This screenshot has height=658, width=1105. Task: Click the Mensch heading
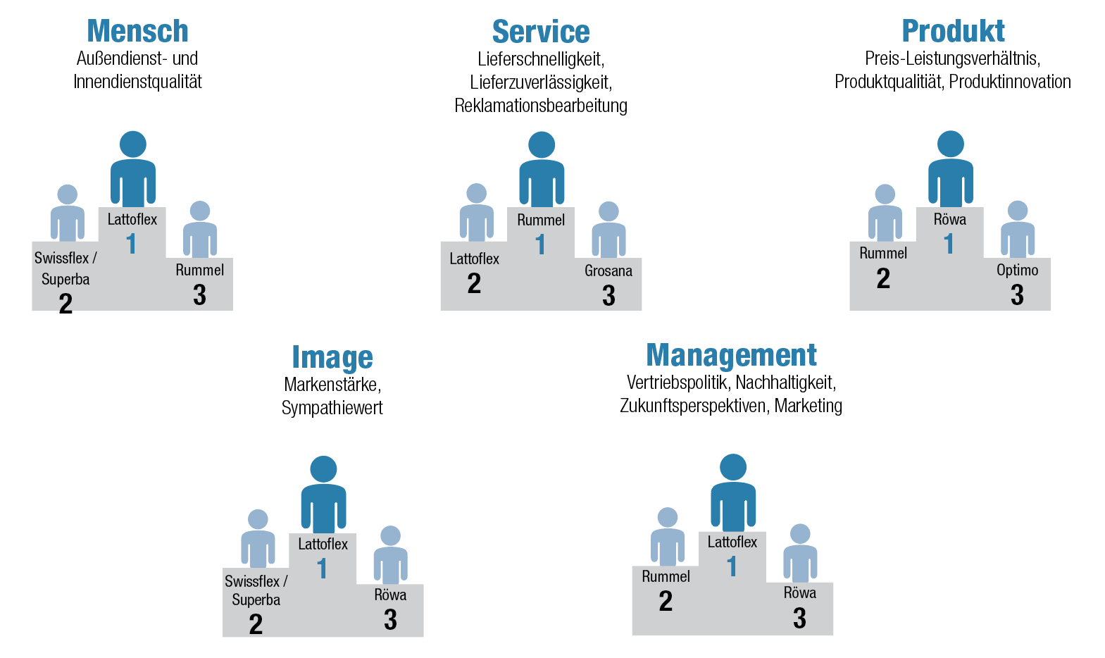point(137,31)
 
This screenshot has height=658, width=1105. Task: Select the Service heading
point(541,32)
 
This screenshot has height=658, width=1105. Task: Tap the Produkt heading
point(953,31)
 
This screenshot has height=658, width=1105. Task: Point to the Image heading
point(332,357)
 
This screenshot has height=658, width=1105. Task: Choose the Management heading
point(731,355)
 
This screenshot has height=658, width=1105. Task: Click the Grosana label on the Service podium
point(608,271)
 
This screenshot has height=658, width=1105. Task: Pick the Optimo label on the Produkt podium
point(1017,270)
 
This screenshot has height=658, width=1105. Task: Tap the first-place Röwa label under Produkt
point(949,219)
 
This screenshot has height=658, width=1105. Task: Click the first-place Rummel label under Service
point(541,220)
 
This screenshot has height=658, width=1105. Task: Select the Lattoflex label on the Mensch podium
point(132,219)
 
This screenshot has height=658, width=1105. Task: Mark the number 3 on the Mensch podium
point(199,295)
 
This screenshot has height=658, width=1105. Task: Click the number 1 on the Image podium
point(322,569)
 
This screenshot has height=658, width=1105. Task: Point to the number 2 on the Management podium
point(666,602)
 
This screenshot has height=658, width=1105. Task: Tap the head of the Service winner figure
point(542,144)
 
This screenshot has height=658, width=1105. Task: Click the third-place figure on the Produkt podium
point(1018,230)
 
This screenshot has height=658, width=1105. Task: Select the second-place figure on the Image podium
point(258,539)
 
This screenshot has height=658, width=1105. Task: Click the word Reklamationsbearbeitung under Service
point(541,106)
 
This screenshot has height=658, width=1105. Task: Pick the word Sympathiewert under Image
point(332,408)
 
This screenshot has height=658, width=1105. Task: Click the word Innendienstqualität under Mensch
point(137,82)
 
